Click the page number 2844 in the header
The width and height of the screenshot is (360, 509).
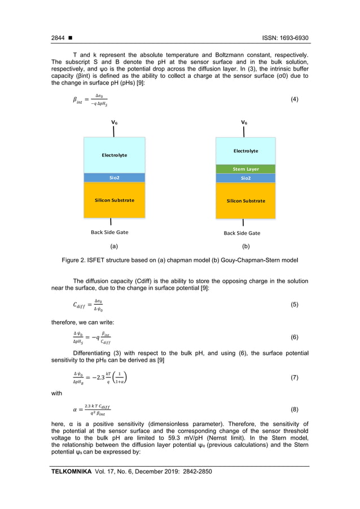pos(58,38)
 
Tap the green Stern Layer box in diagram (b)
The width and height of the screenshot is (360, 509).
pos(245,169)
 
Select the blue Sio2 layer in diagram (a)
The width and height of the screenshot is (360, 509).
pos(114,178)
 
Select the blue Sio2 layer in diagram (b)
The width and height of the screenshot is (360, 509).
pos(245,178)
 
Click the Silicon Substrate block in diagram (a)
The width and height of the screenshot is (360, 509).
pos(114,200)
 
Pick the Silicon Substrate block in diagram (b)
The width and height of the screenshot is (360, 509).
pos(245,200)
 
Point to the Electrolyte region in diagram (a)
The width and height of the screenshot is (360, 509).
pos(114,155)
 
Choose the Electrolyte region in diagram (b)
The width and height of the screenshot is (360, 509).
pos(245,151)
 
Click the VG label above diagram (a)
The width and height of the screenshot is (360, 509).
pos(115,122)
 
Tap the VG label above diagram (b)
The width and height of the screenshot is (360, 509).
pos(244,122)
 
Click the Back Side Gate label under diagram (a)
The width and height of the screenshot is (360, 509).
pos(109,232)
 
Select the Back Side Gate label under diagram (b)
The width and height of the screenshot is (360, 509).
pos(242,232)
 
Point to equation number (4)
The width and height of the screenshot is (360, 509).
pos(294,99)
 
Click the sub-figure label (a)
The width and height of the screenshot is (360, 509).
pos(114,247)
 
